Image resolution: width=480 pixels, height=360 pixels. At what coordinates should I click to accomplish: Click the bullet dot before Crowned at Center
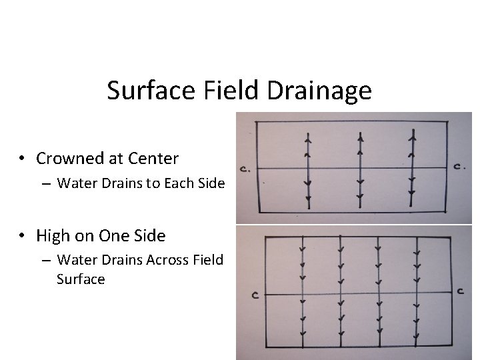tap(23, 159)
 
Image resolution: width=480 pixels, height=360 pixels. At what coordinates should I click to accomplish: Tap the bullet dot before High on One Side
tap(23, 236)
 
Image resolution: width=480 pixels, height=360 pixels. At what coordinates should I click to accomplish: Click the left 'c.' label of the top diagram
tap(246, 169)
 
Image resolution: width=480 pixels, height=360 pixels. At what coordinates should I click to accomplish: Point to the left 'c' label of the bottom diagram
tap(255, 295)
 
